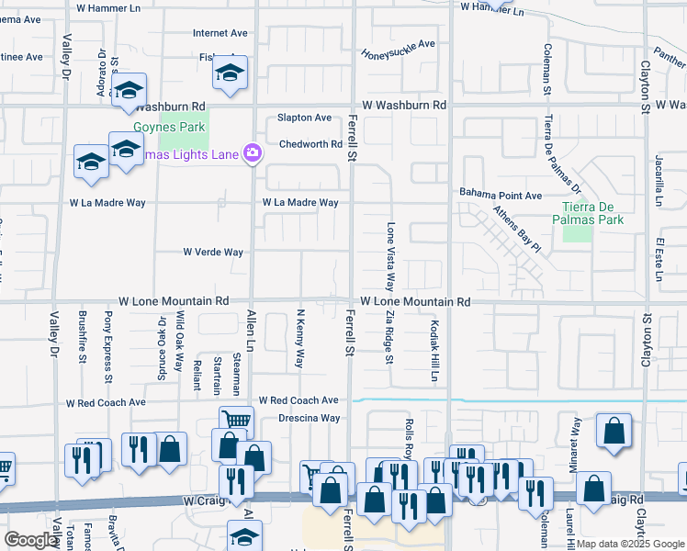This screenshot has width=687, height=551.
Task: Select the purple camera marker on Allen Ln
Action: point(251,153)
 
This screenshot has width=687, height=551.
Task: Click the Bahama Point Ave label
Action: point(501,196)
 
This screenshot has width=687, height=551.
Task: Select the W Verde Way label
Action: point(213,252)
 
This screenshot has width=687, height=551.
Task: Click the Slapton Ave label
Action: point(305,118)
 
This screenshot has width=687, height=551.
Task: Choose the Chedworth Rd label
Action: point(310,144)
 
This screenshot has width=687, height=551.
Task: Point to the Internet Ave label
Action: point(220,33)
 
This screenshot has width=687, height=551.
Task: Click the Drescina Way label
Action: point(310,418)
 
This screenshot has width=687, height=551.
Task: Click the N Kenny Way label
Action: point(299,339)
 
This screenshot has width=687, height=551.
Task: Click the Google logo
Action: point(31,540)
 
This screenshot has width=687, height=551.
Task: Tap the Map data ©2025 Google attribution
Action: point(630,544)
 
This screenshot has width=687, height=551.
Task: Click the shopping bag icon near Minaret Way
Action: point(614,431)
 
